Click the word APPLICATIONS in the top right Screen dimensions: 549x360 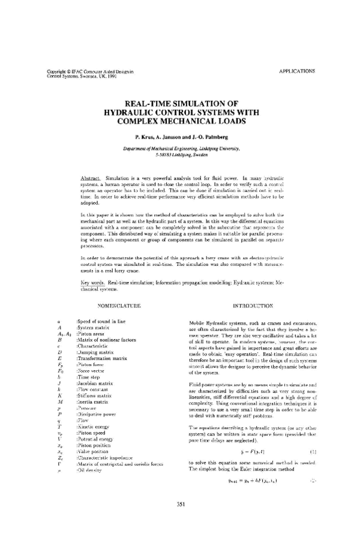pos(297,71)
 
